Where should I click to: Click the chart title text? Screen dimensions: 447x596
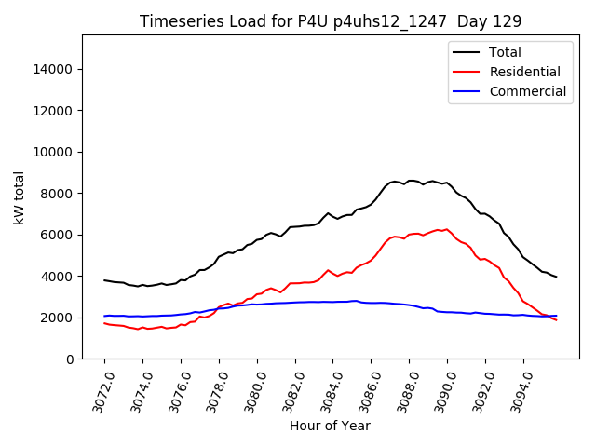[x=330, y=21]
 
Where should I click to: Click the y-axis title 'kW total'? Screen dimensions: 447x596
[x=19, y=197]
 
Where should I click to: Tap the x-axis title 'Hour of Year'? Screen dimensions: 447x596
[x=330, y=426]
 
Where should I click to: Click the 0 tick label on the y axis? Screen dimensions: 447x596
[x=71, y=359]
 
